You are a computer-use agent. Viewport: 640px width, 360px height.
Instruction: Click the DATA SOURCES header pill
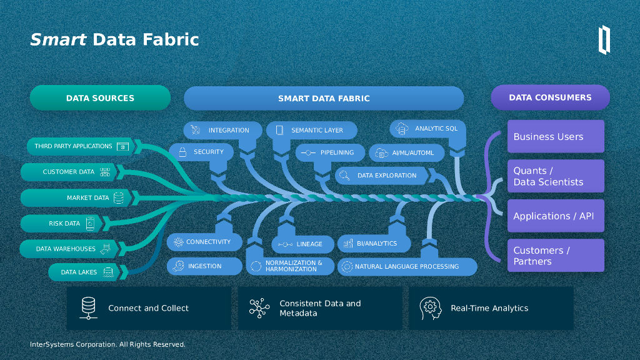pos(100,98)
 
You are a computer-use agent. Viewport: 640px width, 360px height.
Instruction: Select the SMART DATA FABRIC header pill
pos(324,98)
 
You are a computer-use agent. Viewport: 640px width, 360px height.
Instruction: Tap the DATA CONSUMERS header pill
pos(550,97)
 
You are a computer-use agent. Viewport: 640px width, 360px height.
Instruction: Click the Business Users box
pos(556,136)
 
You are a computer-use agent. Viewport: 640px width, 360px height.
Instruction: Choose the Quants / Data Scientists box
pos(556,176)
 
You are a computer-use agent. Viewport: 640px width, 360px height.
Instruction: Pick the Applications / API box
pos(556,216)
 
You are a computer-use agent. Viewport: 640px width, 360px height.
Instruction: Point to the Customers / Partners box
pos(556,256)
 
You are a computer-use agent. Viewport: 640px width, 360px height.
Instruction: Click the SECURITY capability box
pos(201,152)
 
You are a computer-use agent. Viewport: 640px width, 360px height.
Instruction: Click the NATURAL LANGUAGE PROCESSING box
pos(407,267)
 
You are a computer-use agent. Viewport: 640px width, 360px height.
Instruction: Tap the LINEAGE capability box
pos(302,244)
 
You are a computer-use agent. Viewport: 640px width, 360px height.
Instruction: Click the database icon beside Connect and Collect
pos(89,308)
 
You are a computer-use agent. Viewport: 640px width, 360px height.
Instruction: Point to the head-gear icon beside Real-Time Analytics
pos(430,308)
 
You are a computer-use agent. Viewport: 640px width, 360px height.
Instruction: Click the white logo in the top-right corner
pos(604,39)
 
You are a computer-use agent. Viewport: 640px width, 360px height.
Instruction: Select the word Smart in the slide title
pos(58,40)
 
